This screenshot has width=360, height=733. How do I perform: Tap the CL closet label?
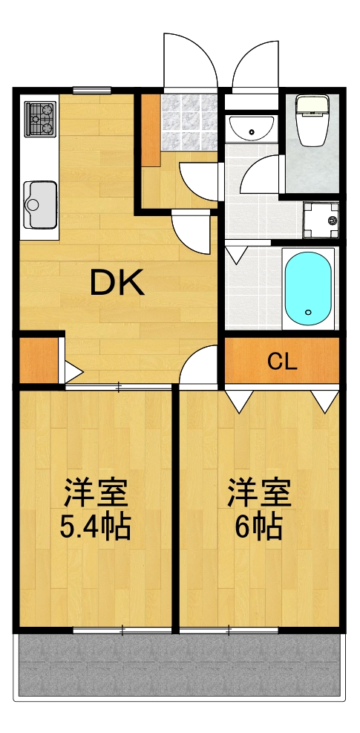(x=282, y=362)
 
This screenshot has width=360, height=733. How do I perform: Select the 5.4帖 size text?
(x=95, y=527)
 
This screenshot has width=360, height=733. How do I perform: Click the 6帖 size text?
(x=258, y=527)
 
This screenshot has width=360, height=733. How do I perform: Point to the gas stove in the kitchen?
(x=41, y=119)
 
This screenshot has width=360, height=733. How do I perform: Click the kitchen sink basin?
(x=40, y=203)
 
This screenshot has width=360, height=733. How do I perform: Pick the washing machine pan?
(x=321, y=218)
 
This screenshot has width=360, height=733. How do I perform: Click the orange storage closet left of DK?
(x=38, y=361)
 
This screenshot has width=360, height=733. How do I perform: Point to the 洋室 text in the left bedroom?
(x=95, y=492)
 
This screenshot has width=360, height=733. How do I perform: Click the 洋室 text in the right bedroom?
(x=258, y=492)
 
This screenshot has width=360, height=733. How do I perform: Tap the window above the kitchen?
(x=92, y=91)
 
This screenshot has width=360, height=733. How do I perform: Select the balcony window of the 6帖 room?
(x=229, y=631)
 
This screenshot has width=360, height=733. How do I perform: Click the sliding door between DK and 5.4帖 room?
(x=119, y=386)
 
